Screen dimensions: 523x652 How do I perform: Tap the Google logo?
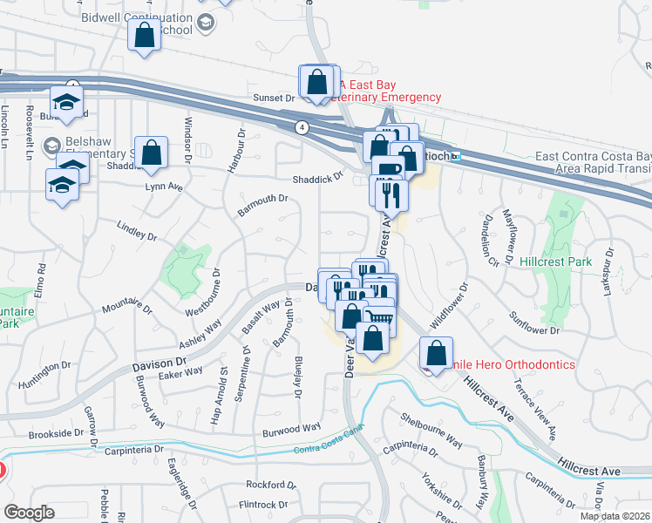(x=29, y=513)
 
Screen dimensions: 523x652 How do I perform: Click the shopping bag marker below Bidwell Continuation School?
(x=145, y=37)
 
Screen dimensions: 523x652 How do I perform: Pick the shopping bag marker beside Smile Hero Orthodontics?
(x=436, y=354)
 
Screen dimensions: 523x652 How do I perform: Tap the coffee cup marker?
(x=387, y=167)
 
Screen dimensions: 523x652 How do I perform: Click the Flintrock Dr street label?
(x=267, y=505)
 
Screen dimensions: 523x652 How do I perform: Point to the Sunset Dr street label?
(x=275, y=98)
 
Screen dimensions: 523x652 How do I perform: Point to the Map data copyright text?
(x=615, y=516)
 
